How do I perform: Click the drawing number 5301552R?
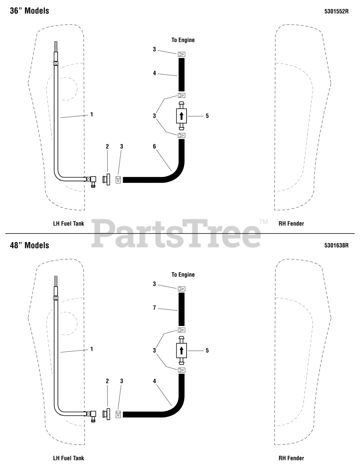(x=336, y=11)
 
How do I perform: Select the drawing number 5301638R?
(x=336, y=246)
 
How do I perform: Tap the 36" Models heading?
(x=30, y=11)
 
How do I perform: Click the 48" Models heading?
(x=30, y=245)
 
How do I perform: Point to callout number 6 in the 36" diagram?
(x=154, y=146)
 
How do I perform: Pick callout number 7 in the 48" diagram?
(x=154, y=308)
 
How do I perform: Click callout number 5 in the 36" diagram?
(x=207, y=116)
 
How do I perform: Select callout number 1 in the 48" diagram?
(x=92, y=349)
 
